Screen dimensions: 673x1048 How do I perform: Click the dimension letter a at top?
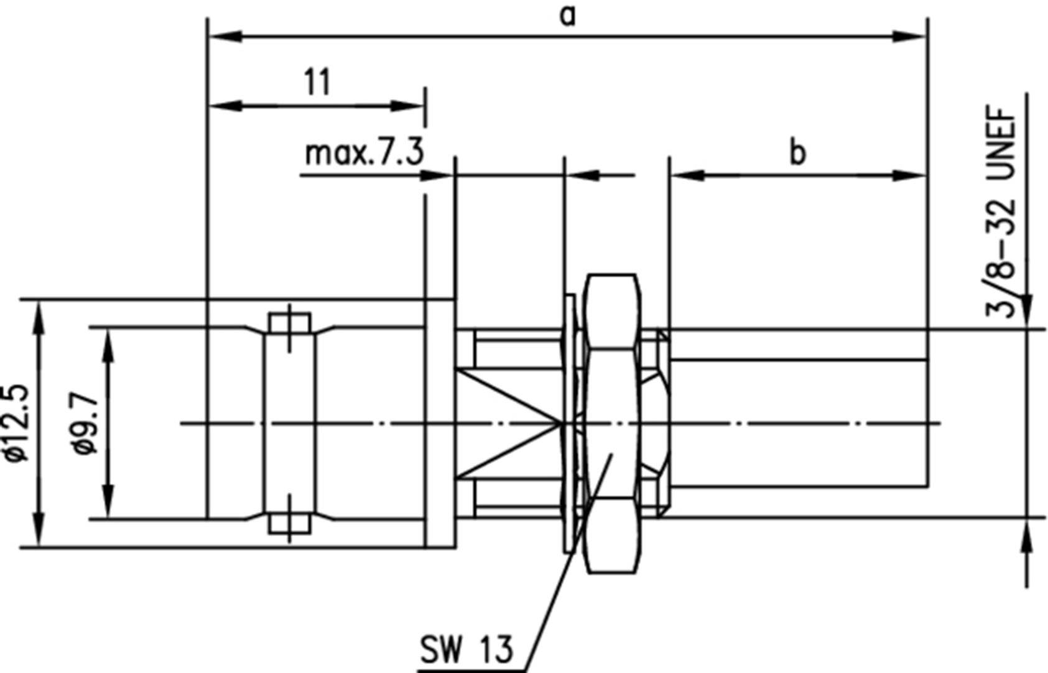(x=567, y=16)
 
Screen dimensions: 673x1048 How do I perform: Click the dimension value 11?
(x=317, y=82)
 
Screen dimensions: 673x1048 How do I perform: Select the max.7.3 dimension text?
(x=364, y=153)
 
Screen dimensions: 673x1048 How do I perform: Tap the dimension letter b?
(x=797, y=152)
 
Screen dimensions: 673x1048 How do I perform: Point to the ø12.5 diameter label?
(x=17, y=423)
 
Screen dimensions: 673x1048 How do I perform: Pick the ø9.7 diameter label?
(x=86, y=423)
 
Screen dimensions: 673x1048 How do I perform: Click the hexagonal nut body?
(x=613, y=423)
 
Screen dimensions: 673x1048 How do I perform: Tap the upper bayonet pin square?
(x=290, y=324)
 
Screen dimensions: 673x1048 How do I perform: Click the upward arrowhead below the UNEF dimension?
(x=1027, y=538)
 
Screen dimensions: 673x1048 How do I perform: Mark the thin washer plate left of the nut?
(x=569, y=423)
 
